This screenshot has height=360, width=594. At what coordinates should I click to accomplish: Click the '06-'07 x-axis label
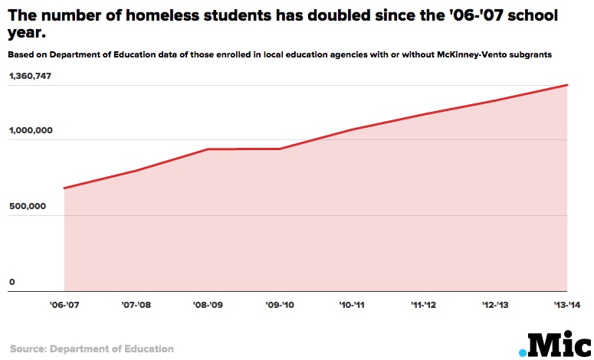64,305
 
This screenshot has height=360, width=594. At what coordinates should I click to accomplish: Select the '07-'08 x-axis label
136,305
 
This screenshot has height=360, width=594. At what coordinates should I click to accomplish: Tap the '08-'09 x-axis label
208,305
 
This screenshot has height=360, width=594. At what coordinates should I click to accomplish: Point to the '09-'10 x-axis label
280,305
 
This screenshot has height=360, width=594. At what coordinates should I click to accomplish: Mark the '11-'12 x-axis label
423,305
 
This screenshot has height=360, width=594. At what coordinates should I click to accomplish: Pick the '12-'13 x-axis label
495,305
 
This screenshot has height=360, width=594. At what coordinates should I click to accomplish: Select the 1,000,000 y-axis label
31,130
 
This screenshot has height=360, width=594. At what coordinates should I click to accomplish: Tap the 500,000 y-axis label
27,206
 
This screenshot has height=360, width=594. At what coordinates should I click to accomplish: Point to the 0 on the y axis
12,282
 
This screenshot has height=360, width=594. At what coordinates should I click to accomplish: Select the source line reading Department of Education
92,349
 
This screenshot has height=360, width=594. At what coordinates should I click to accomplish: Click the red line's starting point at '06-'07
64,188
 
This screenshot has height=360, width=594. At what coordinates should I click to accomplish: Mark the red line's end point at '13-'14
567,85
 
